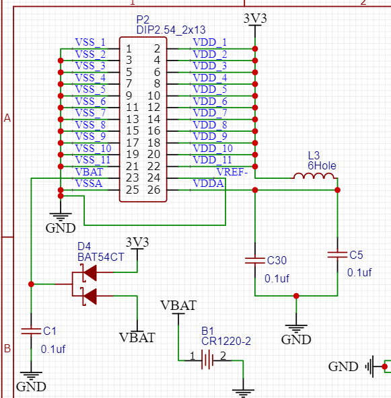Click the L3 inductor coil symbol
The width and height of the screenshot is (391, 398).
coord(314,177)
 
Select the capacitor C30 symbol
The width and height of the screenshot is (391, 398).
coord(254,261)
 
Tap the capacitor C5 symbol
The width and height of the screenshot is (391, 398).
coord(337,255)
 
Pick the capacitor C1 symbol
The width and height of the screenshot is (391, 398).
coord(31,331)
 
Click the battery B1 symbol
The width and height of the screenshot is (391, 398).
coord(208,360)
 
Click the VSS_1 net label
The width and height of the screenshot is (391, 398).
coord(90,42)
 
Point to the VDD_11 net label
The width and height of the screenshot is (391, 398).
coord(213,160)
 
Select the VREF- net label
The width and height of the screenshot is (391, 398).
coord(232,171)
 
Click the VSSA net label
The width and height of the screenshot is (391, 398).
coord(89,184)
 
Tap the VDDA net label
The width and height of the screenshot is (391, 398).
coord(209,184)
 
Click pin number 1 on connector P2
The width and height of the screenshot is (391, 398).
coord(129,48)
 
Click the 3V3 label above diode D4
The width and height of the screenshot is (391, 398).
coord(137,242)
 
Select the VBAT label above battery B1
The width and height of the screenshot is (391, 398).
coord(178,305)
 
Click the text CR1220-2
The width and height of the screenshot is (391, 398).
coord(225,342)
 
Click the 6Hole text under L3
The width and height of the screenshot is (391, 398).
coord(322,165)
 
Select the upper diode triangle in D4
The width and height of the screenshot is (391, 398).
coord(89,272)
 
